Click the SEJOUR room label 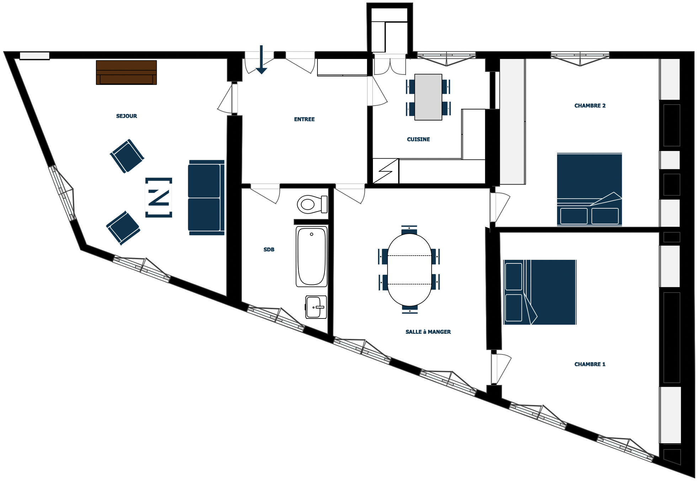tap(127, 116)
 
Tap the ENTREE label tap(304, 119)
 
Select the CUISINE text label tap(418, 139)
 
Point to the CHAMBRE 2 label tap(590, 106)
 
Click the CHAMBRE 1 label tap(590, 364)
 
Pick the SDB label tap(269, 250)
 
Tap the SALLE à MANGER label tap(428, 332)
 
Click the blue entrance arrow tap(261, 60)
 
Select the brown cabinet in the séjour tap(126, 73)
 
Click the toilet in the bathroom tap(312, 204)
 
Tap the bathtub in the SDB tap(311, 256)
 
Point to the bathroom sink tap(316, 307)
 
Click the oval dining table tap(409, 270)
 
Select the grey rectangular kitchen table tap(428, 97)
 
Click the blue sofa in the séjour tap(206, 198)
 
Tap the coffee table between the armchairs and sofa tap(159, 198)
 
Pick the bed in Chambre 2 tap(589, 189)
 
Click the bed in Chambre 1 tap(540, 292)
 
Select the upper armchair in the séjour tap(127, 156)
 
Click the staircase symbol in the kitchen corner tap(385, 171)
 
